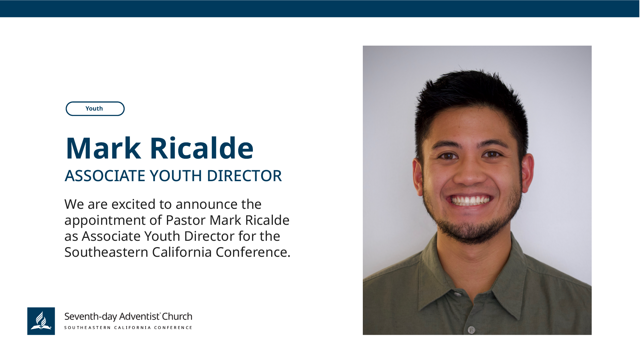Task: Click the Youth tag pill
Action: coord(95,109)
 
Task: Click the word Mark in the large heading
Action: coord(103,148)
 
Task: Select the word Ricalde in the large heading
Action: coord(202,148)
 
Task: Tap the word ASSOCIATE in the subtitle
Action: coord(105,176)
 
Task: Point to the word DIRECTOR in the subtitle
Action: coord(244,176)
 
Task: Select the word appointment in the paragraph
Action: coord(105,220)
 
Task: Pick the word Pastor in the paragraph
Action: coord(186,220)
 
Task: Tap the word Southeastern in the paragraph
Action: coord(106,252)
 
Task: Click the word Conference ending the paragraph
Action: coord(253,252)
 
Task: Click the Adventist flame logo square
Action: coord(41,321)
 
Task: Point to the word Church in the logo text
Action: coord(177,316)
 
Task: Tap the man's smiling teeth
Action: coord(470,200)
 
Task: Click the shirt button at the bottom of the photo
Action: coord(471,330)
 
